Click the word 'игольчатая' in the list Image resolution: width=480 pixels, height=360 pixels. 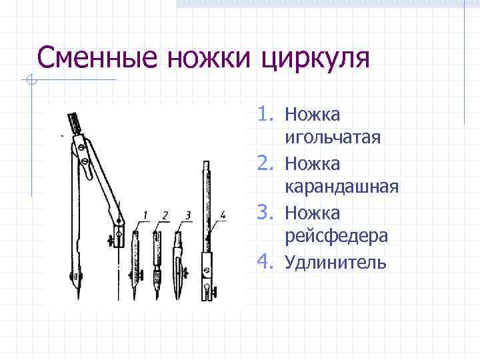(332, 138)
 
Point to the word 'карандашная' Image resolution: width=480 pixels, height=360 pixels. (341, 187)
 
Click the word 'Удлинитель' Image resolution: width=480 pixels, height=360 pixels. (335, 262)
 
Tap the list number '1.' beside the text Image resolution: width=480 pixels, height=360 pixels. (268, 115)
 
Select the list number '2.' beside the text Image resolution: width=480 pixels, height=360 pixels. (268, 163)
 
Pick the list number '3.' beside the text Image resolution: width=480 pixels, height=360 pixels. (268, 213)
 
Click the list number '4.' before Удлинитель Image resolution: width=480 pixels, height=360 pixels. (268, 262)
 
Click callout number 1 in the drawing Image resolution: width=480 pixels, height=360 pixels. (145, 215)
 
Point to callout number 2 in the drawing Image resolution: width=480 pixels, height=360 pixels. (165, 215)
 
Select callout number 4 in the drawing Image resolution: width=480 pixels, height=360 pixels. (223, 215)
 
